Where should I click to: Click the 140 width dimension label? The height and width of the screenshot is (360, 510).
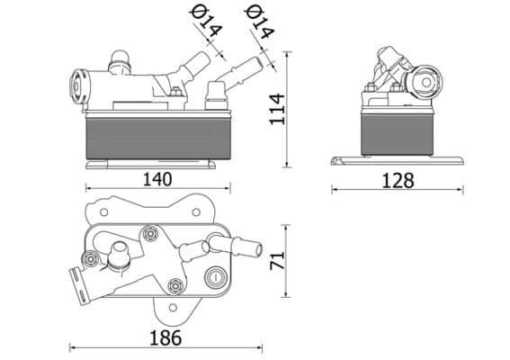158,179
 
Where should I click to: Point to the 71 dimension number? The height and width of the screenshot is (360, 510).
278,262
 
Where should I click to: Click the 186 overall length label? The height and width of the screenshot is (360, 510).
165,337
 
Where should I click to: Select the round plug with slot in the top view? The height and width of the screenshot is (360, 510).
214,278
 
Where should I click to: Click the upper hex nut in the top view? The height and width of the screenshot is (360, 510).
149,234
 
